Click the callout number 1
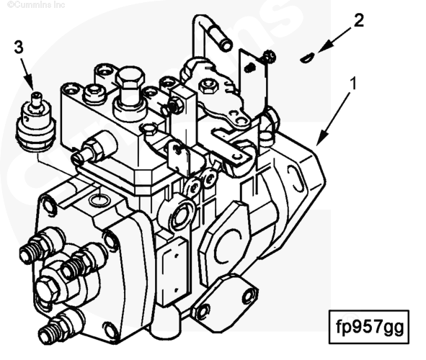click(352, 83)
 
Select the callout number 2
click(359, 20)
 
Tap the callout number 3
click(19, 48)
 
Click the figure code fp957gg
click(369, 327)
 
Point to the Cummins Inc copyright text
click(36, 4)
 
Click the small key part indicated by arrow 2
click(307, 58)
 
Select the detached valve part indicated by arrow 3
click(35, 122)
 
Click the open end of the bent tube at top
click(226, 44)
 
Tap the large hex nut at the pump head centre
click(48, 289)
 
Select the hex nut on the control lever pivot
click(208, 86)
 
